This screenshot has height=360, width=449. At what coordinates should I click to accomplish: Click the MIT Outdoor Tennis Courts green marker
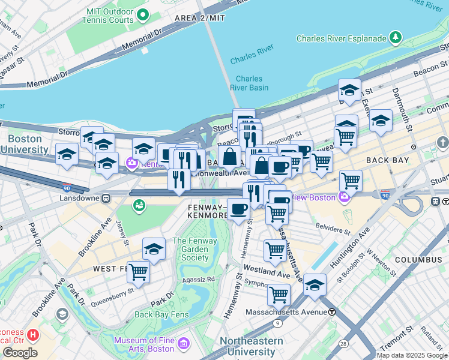tap(142, 14)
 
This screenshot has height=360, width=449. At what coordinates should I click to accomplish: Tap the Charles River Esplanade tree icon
tap(396, 38)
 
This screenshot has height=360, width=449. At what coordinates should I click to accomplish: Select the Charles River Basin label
tap(249, 83)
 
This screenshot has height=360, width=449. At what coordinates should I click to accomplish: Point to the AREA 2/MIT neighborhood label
tap(200, 18)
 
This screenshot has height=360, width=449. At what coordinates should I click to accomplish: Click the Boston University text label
tap(25, 144)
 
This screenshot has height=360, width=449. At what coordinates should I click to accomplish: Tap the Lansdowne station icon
tap(106, 198)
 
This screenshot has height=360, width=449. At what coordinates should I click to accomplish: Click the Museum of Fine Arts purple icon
tap(183, 345)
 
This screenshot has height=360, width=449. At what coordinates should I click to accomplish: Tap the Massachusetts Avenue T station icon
tap(332, 312)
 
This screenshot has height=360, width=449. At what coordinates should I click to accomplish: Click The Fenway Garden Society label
tap(191, 250)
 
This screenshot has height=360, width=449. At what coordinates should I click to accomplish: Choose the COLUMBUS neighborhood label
tap(418, 260)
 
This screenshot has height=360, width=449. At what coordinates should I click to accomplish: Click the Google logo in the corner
tap(19, 353)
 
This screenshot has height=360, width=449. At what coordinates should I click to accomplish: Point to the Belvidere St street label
tap(330, 230)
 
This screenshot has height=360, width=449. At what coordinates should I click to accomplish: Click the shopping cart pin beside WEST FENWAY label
tap(139, 272)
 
